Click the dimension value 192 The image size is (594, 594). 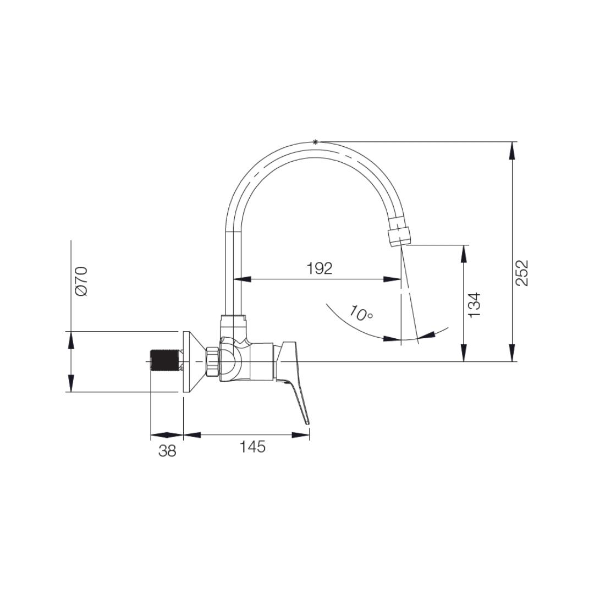click(320, 268)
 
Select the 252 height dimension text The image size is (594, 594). click(521, 273)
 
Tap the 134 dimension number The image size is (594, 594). click(474, 305)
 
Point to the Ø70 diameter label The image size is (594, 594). click(81, 281)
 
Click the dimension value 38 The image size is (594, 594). click(167, 451)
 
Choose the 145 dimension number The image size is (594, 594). click(252, 447)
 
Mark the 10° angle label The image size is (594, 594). click(361, 313)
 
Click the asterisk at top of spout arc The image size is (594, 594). click(315, 142)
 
